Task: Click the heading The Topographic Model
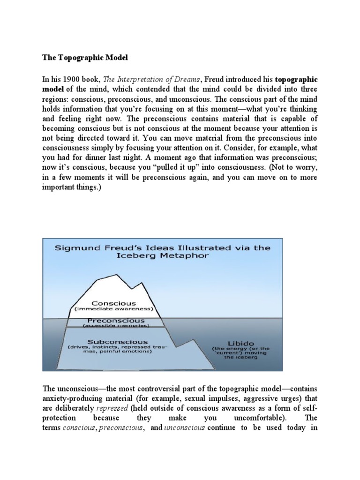click(x=85, y=57)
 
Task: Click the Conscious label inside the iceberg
click(x=114, y=303)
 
